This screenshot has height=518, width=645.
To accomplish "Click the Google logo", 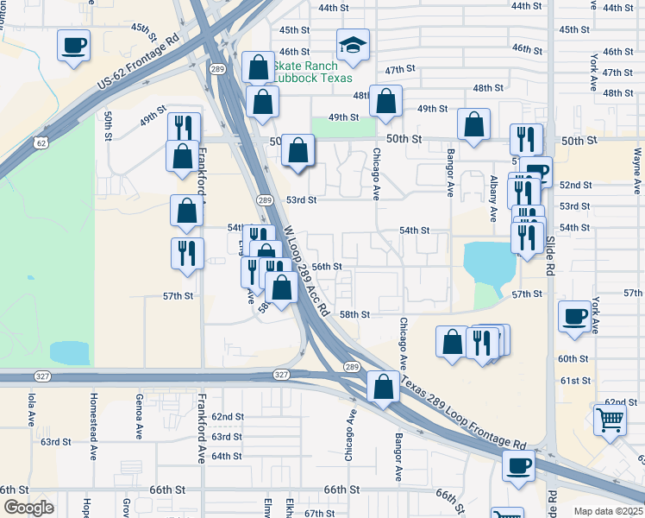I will [28, 508].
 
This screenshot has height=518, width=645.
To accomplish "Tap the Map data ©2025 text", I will [608, 511].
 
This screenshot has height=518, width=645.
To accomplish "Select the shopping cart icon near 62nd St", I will [610, 420].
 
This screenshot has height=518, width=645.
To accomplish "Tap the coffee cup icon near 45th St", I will [74, 45].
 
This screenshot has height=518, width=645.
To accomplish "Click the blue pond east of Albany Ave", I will [488, 262].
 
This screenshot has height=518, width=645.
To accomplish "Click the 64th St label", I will [227, 456].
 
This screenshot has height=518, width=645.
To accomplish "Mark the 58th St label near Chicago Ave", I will [354, 315].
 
